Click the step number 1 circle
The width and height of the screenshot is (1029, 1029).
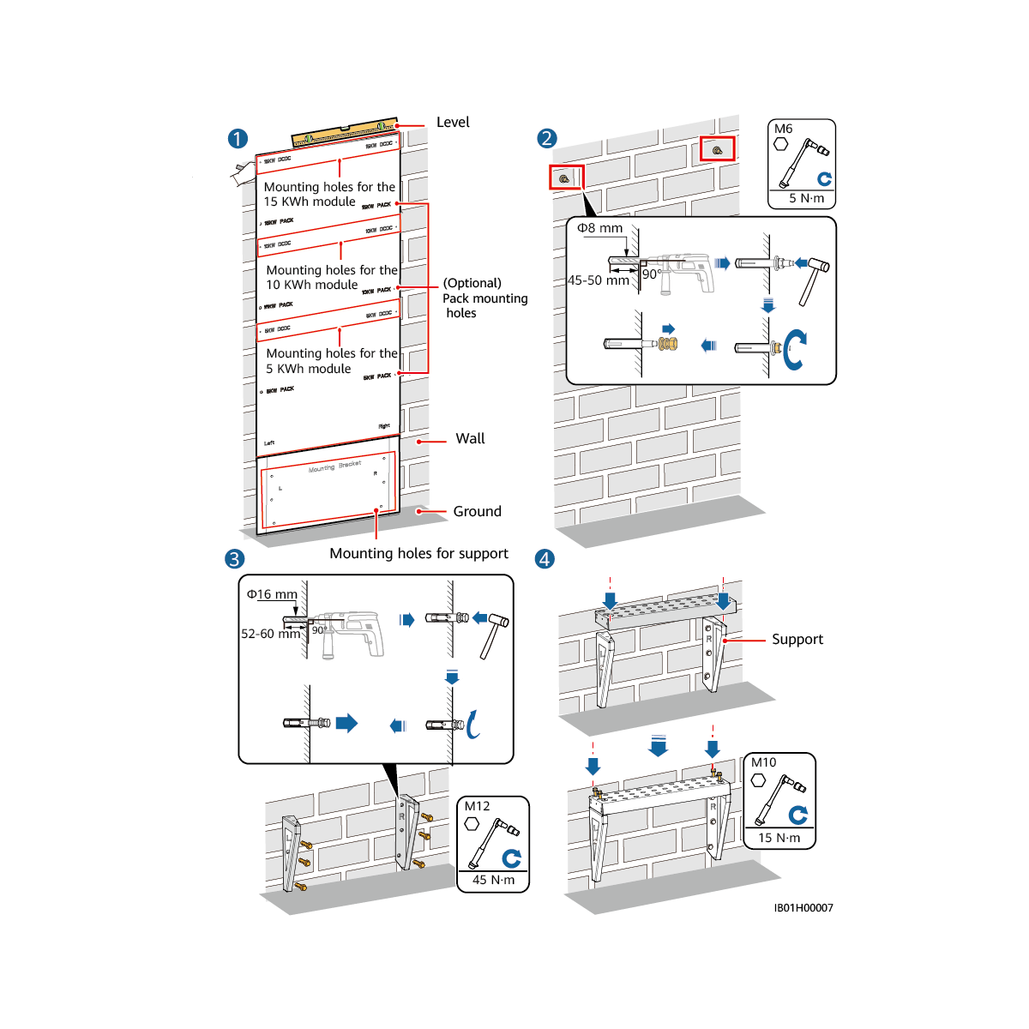tap(238, 139)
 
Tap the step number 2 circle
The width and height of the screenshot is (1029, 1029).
tap(546, 138)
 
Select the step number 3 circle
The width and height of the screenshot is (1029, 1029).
tap(234, 559)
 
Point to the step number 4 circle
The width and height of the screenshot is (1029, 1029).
tap(545, 559)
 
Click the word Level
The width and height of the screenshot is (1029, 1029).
tap(453, 123)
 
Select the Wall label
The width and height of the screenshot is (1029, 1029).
tap(470, 439)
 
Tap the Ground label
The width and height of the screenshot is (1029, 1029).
tap(477, 512)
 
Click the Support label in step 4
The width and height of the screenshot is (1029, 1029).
tap(797, 640)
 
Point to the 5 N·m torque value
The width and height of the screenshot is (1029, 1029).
tap(806, 199)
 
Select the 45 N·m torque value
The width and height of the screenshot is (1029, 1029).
tap(494, 880)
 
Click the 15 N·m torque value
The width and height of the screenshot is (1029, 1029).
tap(779, 838)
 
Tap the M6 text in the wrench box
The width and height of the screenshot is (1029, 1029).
tap(783, 129)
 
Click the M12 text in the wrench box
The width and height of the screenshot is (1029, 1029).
tap(477, 806)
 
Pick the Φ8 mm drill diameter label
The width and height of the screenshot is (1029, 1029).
tap(599, 228)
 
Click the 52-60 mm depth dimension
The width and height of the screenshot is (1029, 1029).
tap(270, 634)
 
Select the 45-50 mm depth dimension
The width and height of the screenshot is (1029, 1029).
tap(598, 280)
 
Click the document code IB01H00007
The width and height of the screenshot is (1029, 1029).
tap(803, 908)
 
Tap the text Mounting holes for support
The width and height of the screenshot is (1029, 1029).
tap(418, 554)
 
